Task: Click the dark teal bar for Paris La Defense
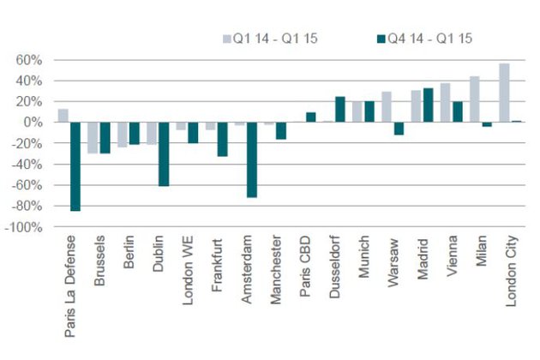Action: pyautogui.click(x=75, y=166)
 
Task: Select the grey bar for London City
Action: pyautogui.click(x=504, y=93)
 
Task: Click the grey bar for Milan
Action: pyautogui.click(x=474, y=99)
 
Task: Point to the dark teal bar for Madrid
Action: pyautogui.click(x=428, y=105)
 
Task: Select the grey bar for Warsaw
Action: pyautogui.click(x=387, y=107)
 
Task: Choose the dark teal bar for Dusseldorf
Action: pyautogui.click(x=339, y=110)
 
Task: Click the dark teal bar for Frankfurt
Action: pyautogui.click(x=222, y=139)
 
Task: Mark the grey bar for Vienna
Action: pyautogui.click(x=445, y=103)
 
